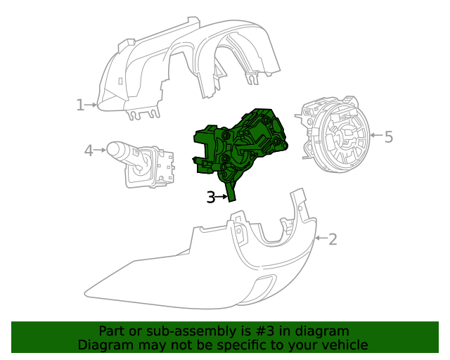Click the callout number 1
[x=80, y=105]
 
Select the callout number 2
[x=333, y=239]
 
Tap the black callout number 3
[x=211, y=198]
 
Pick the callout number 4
[x=89, y=150]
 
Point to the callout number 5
[x=388, y=136]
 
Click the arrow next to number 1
[x=92, y=105]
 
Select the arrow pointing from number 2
[x=320, y=239]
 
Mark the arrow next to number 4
[x=101, y=150]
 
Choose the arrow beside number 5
[x=375, y=135]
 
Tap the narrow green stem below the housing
[x=231, y=189]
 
